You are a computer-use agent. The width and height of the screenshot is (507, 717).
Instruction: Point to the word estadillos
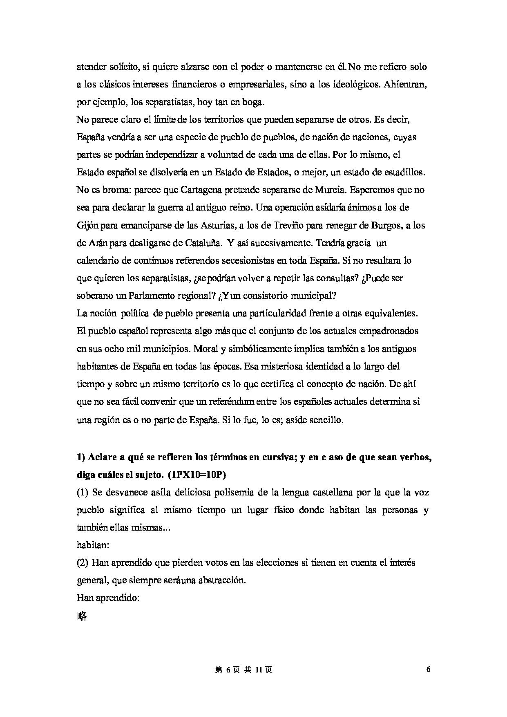[x=404, y=172]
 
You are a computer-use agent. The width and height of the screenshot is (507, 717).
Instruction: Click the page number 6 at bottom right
[x=428, y=669]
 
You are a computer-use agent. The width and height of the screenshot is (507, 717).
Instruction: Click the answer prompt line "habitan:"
[x=92, y=545]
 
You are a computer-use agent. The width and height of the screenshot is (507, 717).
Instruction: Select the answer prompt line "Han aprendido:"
[x=108, y=598]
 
